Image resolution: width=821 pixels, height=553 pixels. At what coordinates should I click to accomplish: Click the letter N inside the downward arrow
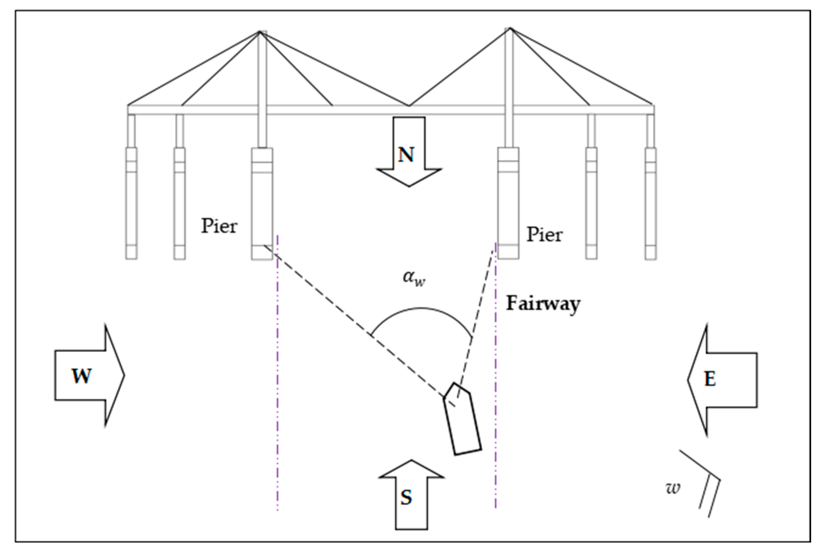click(406, 154)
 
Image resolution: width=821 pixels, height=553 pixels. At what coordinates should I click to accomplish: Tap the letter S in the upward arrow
click(406, 497)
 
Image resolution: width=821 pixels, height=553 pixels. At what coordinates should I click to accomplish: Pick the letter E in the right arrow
click(710, 379)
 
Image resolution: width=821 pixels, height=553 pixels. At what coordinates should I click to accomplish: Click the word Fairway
click(543, 303)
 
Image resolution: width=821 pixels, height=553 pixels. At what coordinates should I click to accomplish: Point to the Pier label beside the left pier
click(219, 226)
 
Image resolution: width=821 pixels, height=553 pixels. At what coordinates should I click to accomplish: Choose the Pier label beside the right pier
click(544, 234)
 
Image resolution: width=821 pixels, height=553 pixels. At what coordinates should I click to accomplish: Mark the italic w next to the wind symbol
click(672, 488)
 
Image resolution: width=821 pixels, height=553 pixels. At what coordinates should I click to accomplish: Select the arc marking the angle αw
click(421, 309)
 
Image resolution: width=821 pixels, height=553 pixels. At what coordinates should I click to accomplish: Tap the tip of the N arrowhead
click(409, 186)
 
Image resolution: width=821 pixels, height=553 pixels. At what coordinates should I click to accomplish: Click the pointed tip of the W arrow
click(124, 375)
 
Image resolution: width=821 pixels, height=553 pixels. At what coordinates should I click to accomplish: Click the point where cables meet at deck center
click(409, 105)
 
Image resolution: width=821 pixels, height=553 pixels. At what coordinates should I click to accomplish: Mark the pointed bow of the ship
click(454, 383)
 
